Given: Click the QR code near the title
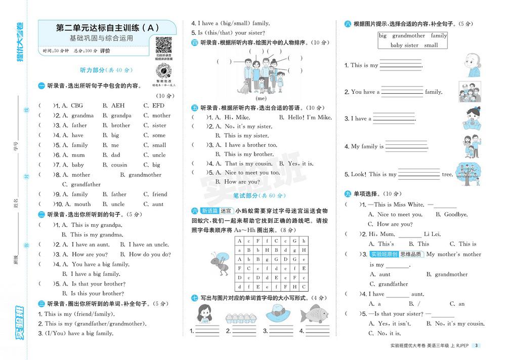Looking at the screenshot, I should pyautogui.click(x=163, y=46).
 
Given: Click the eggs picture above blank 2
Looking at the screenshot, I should pyautogui.click(x=239, y=317).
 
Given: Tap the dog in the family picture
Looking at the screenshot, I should pyautogui.click(x=245, y=87).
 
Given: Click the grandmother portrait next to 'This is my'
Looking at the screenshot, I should pyautogui.click(x=472, y=65).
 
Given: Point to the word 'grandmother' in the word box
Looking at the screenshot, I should pyautogui.click(x=408, y=36).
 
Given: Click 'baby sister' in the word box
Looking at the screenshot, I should pyautogui.click(x=404, y=45).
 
